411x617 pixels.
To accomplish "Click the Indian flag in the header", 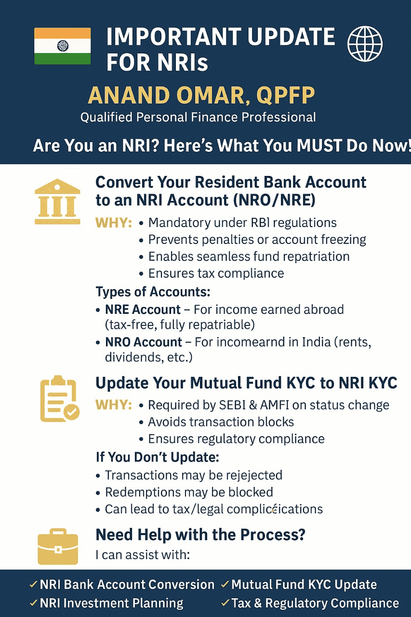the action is click(x=63, y=46).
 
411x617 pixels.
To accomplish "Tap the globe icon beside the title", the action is click(x=365, y=43).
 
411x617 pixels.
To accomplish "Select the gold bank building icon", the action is click(x=57, y=201).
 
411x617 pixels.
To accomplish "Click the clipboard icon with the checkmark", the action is click(x=60, y=399).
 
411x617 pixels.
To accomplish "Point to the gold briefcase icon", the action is click(x=58, y=546).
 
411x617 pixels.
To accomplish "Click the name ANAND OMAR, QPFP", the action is click(x=201, y=95).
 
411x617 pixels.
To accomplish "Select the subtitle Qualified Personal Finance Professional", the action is click(x=198, y=117).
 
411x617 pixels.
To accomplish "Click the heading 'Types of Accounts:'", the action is click(x=153, y=292).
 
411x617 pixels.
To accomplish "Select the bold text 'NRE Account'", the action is click(x=143, y=309).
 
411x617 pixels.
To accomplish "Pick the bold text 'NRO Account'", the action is click(x=144, y=342).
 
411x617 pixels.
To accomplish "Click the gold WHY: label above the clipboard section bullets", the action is click(x=113, y=405).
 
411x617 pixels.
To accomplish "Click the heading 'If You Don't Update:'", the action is click(x=158, y=457).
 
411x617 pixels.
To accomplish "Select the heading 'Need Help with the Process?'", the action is click(x=200, y=535).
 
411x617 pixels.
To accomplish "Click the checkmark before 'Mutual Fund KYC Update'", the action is click(x=225, y=584).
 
